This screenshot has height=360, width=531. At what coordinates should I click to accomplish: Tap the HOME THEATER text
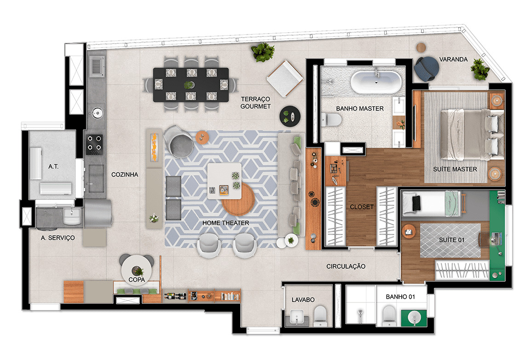(x=225, y=223)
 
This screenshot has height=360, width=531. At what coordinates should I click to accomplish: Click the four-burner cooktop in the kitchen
(x=95, y=143)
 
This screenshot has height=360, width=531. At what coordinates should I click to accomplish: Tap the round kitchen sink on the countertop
(x=97, y=112)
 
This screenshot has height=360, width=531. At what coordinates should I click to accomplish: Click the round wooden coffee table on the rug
(x=238, y=199)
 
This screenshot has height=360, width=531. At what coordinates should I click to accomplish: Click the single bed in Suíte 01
(x=430, y=203)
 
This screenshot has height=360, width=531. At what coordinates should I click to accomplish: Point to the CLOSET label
(x=362, y=207)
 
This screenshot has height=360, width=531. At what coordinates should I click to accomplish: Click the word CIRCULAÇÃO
(x=346, y=267)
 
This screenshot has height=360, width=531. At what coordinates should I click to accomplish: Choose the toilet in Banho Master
(x=332, y=120)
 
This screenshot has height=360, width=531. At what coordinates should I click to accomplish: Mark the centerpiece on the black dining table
(x=189, y=85)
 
